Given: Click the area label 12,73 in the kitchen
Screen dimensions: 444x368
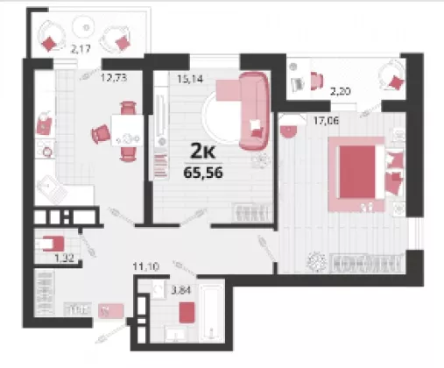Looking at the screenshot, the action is [114, 78].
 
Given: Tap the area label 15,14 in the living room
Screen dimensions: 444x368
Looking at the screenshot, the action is [190, 79].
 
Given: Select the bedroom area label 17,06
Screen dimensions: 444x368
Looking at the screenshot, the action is [326, 120].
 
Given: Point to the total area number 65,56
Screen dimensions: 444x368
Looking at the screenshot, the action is [203, 173].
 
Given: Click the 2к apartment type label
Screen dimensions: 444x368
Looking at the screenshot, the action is [203, 151].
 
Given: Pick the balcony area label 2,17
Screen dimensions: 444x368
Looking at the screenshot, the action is [81, 49].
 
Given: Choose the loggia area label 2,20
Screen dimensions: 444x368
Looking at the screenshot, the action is [340, 92].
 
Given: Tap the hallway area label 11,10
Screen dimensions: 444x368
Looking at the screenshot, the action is [146, 266].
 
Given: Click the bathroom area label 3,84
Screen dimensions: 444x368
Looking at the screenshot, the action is [181, 290].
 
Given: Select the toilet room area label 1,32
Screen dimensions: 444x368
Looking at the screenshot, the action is [64, 258].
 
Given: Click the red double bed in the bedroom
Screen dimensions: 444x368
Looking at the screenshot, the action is [356, 173].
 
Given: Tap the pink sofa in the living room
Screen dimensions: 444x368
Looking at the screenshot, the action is [254, 111].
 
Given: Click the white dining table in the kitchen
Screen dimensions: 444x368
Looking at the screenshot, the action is [127, 131].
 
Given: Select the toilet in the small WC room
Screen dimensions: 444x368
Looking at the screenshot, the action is [50, 244].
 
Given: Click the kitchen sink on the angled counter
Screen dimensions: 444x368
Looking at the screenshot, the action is [52, 189].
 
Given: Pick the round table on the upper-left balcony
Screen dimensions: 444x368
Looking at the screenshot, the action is [83, 26].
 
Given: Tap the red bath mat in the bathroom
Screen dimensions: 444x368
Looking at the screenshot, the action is [187, 313].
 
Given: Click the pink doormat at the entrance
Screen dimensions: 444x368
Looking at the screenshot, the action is [111, 311].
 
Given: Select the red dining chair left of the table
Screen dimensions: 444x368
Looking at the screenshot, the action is [101, 134].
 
